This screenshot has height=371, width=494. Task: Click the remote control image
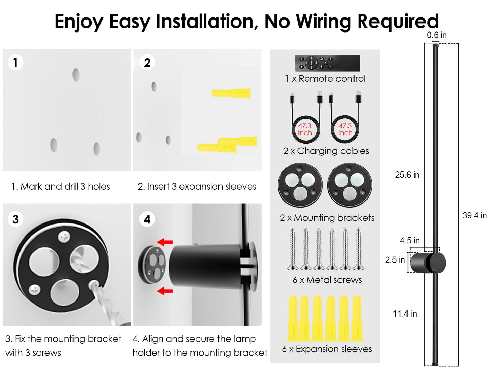[328, 63]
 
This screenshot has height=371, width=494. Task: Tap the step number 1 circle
[15, 62]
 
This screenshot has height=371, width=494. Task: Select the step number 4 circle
[147, 219]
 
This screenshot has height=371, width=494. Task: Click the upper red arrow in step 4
[165, 242]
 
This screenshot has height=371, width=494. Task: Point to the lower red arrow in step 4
[165, 291]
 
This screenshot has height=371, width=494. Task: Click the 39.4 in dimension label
[475, 215]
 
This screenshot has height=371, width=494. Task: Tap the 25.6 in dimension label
[407, 175]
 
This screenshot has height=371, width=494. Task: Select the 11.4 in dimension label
[405, 314]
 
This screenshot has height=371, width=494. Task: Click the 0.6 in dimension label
[437, 35]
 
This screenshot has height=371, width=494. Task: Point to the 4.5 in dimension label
[410, 240]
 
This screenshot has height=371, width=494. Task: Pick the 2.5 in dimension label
[395, 260]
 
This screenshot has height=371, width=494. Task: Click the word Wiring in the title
[324, 22]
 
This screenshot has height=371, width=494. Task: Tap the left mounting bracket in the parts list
[300, 185]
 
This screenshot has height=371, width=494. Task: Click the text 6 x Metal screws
[327, 280]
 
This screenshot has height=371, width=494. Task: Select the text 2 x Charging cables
[326, 151]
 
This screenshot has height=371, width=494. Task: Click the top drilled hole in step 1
[76, 75]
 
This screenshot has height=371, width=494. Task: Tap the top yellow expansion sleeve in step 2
[231, 93]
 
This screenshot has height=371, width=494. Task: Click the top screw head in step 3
[64, 237]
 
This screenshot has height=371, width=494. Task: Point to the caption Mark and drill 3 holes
[65, 187]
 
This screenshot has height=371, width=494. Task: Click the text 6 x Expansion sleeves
[327, 349]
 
